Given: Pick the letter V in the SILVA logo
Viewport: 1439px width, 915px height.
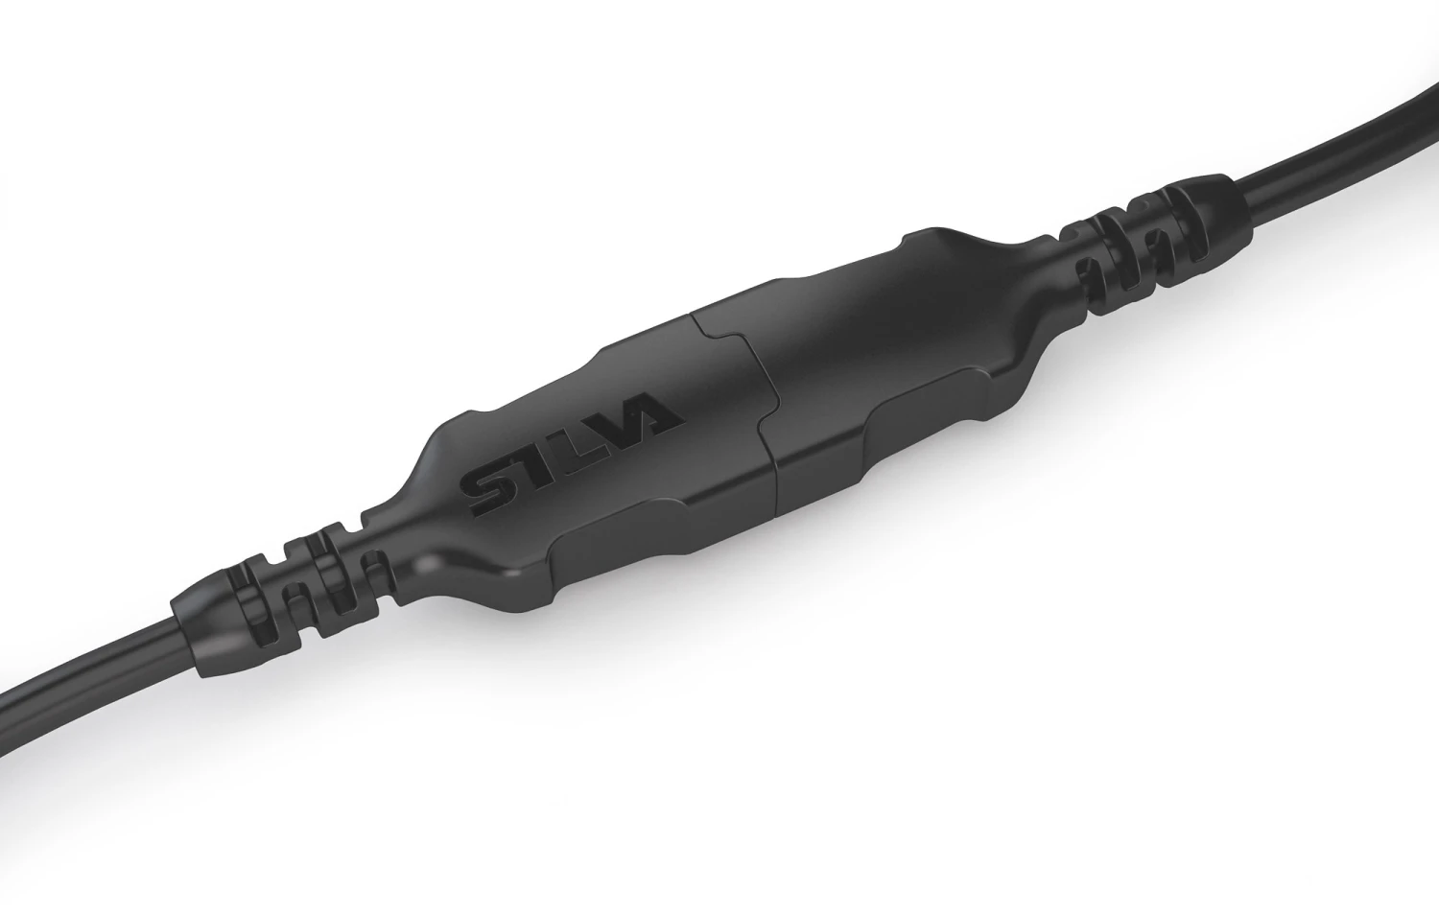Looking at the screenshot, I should point(606,429).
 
